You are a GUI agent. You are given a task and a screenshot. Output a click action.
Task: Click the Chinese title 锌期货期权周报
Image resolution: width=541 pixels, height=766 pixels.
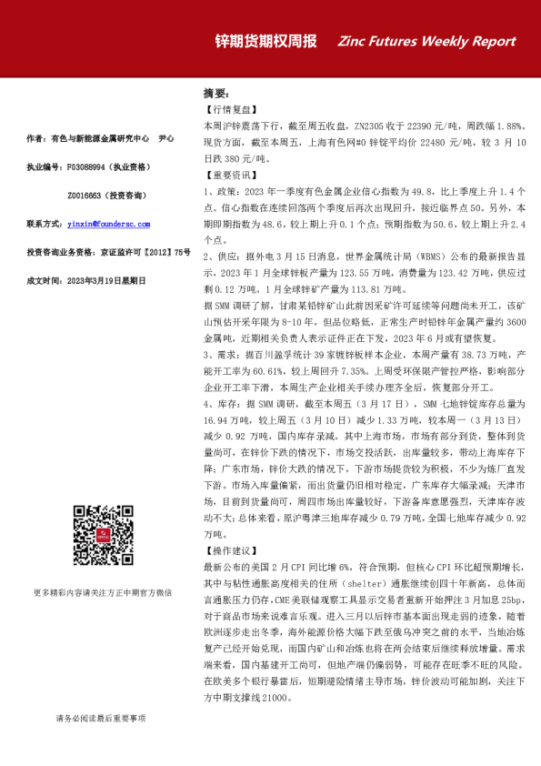click(x=265, y=41)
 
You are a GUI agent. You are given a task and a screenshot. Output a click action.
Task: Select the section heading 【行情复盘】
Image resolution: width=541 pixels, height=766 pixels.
click(x=227, y=108)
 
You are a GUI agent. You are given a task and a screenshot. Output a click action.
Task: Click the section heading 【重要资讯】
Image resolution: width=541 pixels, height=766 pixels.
click(x=227, y=175)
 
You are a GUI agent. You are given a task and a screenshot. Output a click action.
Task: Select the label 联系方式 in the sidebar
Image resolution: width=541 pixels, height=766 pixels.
click(x=44, y=223)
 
